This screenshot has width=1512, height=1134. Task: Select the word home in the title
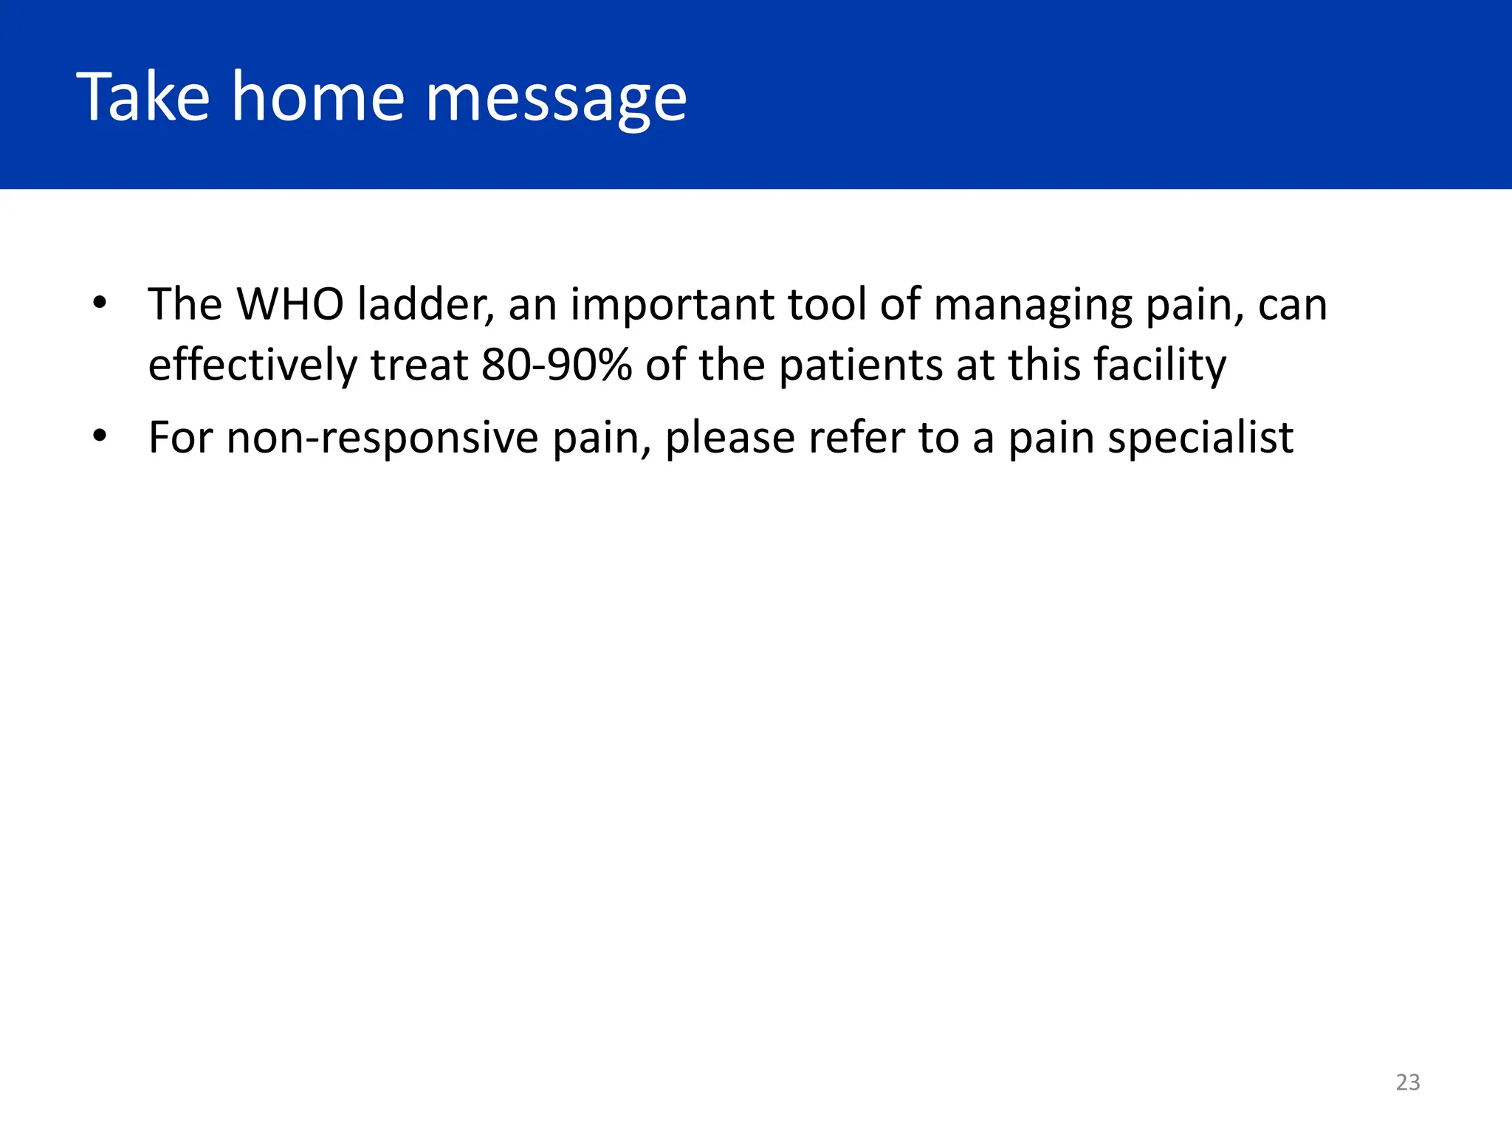(x=318, y=97)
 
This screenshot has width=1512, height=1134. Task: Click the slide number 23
(x=1407, y=1082)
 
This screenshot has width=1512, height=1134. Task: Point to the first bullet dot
(x=100, y=303)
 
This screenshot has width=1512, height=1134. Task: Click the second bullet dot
(x=100, y=436)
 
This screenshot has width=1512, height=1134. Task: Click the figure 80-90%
(x=557, y=365)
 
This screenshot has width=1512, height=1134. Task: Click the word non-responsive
(x=382, y=439)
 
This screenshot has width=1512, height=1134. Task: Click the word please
(x=729, y=439)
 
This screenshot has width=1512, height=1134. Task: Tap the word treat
(x=419, y=365)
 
